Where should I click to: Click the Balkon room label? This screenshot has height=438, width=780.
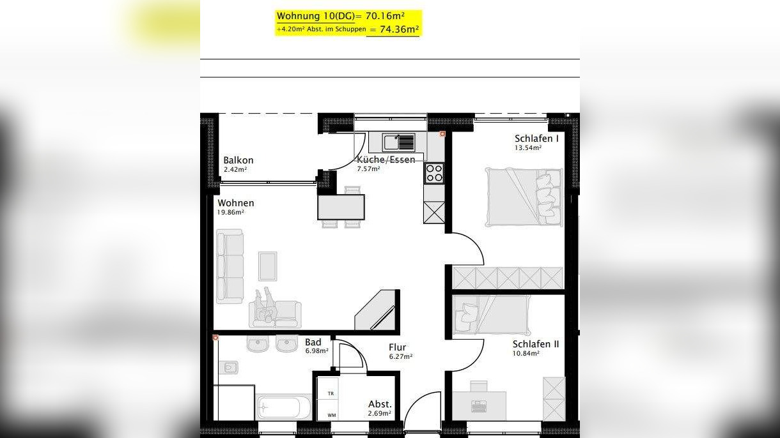(238, 160)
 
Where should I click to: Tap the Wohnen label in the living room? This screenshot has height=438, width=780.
(235, 203)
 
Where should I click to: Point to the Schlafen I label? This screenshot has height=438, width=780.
(536, 139)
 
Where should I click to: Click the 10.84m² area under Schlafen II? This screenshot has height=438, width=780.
(526, 353)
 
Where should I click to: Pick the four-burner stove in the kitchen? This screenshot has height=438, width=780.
(434, 173)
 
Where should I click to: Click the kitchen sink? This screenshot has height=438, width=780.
(399, 142)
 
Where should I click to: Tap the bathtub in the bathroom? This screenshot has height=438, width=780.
(283, 407)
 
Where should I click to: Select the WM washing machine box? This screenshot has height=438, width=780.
(331, 415)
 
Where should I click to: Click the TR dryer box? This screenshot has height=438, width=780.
(331, 394)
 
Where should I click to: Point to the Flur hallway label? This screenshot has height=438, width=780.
(397, 347)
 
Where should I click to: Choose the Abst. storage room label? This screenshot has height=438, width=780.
(380, 404)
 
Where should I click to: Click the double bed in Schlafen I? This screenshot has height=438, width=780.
(524, 197)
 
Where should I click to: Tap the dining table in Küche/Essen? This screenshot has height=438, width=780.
(341, 207)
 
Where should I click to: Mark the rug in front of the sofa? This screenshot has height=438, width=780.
(267, 266)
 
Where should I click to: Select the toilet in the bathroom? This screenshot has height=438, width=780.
(227, 368)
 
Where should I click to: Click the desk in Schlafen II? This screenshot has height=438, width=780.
(479, 405)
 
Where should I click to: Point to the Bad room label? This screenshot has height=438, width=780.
(313, 342)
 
